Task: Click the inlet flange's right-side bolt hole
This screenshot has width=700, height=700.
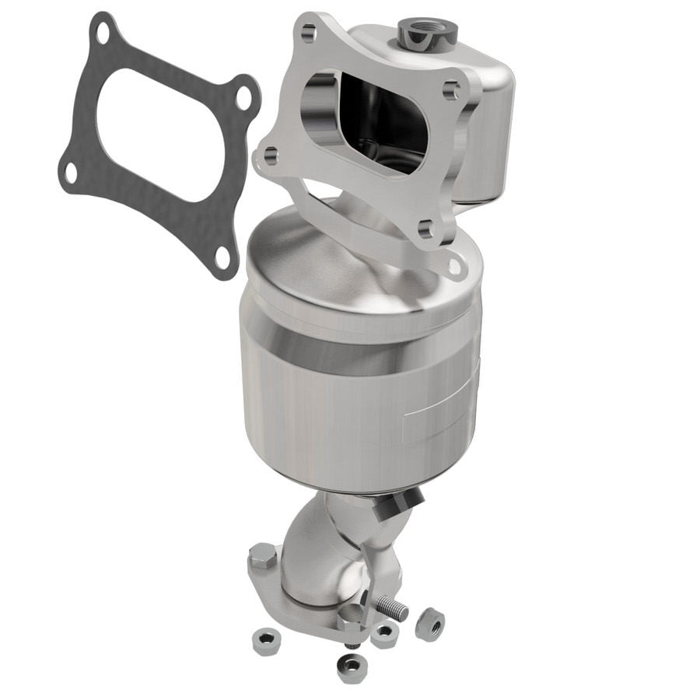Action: tap(452, 89)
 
